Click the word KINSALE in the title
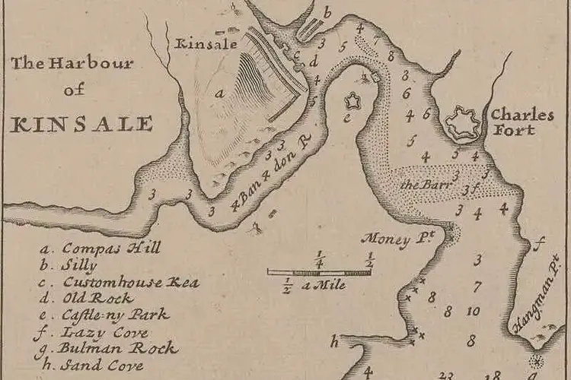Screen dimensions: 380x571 (81, 122)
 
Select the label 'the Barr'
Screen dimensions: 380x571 (421, 185)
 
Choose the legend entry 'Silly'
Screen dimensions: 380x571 (80, 265)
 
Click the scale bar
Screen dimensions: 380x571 (319, 271)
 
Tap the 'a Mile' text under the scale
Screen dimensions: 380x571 (324, 286)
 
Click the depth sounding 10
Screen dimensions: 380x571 (472, 311)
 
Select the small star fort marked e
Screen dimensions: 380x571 (352, 100)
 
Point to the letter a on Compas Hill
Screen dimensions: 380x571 (219, 93)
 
